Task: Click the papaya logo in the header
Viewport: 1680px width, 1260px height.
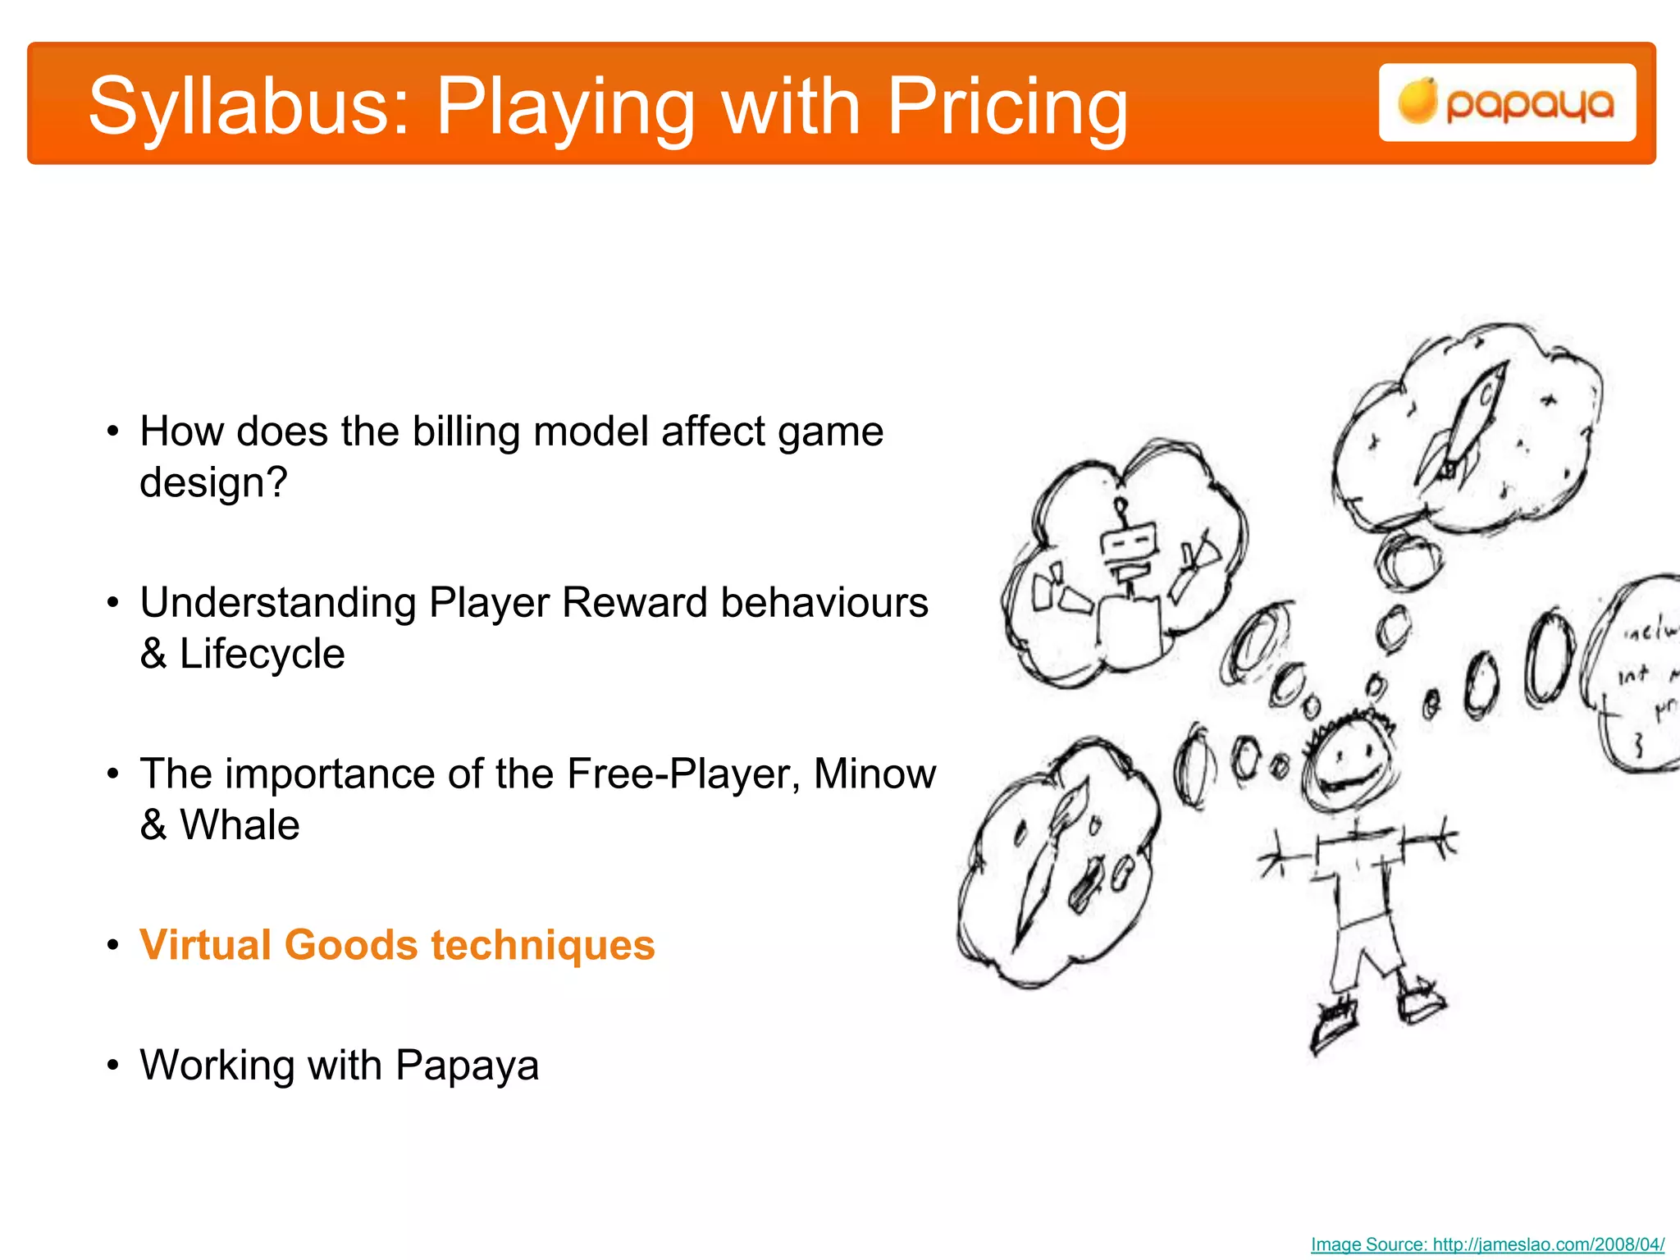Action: [1507, 103]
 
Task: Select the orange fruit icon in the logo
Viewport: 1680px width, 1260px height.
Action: [1417, 102]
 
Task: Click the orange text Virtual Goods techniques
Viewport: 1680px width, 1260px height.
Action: [397, 945]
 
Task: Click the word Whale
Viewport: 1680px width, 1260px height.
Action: [240, 825]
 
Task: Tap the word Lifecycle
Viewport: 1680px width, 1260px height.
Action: [262, 654]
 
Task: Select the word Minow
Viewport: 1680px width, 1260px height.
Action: [874, 774]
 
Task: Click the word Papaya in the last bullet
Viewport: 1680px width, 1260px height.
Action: [467, 1066]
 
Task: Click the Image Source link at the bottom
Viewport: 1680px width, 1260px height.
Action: [1487, 1244]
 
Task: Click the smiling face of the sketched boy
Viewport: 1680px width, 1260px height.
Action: [1349, 763]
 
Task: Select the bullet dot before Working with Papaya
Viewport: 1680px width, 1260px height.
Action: [113, 1066]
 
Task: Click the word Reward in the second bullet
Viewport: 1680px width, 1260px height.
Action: [634, 603]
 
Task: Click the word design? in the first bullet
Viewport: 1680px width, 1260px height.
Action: [213, 482]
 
